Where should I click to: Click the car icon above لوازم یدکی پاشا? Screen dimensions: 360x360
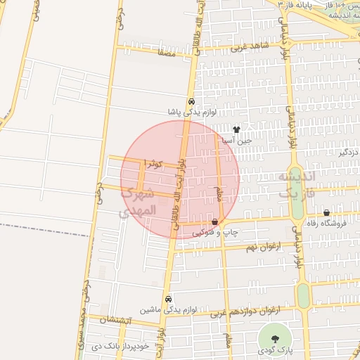click(x=191, y=101)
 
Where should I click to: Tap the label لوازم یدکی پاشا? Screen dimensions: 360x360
click(x=191, y=111)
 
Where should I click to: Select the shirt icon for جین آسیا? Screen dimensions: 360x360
click(x=236, y=130)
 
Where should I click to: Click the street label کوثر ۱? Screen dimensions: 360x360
click(x=153, y=164)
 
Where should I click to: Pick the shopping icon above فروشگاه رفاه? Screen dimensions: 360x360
click(x=326, y=213)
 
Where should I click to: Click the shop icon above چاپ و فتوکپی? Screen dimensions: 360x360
click(x=214, y=222)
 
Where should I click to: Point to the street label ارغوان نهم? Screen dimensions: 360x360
click(x=262, y=247)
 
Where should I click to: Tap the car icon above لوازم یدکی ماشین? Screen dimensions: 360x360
click(x=167, y=299)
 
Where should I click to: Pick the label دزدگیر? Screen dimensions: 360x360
click(x=347, y=152)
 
